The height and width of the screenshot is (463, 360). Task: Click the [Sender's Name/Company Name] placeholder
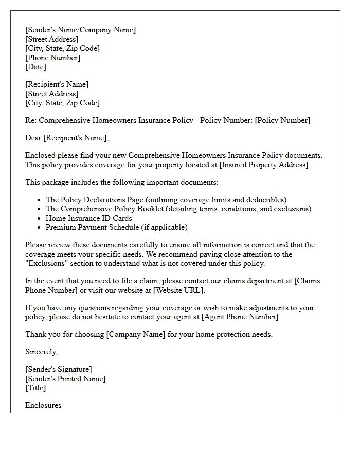(x=80, y=30)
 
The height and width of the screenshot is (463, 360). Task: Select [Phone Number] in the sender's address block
(x=52, y=58)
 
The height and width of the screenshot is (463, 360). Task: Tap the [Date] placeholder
(x=35, y=67)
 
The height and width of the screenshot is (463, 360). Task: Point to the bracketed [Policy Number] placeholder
(x=282, y=120)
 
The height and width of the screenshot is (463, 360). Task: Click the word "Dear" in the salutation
(x=33, y=138)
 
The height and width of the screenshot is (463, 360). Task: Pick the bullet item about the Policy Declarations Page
(x=166, y=200)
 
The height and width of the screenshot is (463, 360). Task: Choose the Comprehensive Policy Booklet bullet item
(x=178, y=209)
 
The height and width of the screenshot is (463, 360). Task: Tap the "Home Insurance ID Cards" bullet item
(x=88, y=218)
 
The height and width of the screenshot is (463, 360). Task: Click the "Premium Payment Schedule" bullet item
(x=116, y=227)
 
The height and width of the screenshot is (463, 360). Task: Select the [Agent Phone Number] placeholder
(x=240, y=317)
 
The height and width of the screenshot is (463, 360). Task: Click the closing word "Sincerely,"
(x=42, y=352)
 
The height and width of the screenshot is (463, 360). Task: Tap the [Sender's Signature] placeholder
(x=59, y=369)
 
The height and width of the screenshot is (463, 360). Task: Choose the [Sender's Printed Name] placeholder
(x=65, y=379)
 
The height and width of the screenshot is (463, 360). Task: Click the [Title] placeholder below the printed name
(x=35, y=388)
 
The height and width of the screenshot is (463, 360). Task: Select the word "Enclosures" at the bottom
(x=43, y=405)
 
